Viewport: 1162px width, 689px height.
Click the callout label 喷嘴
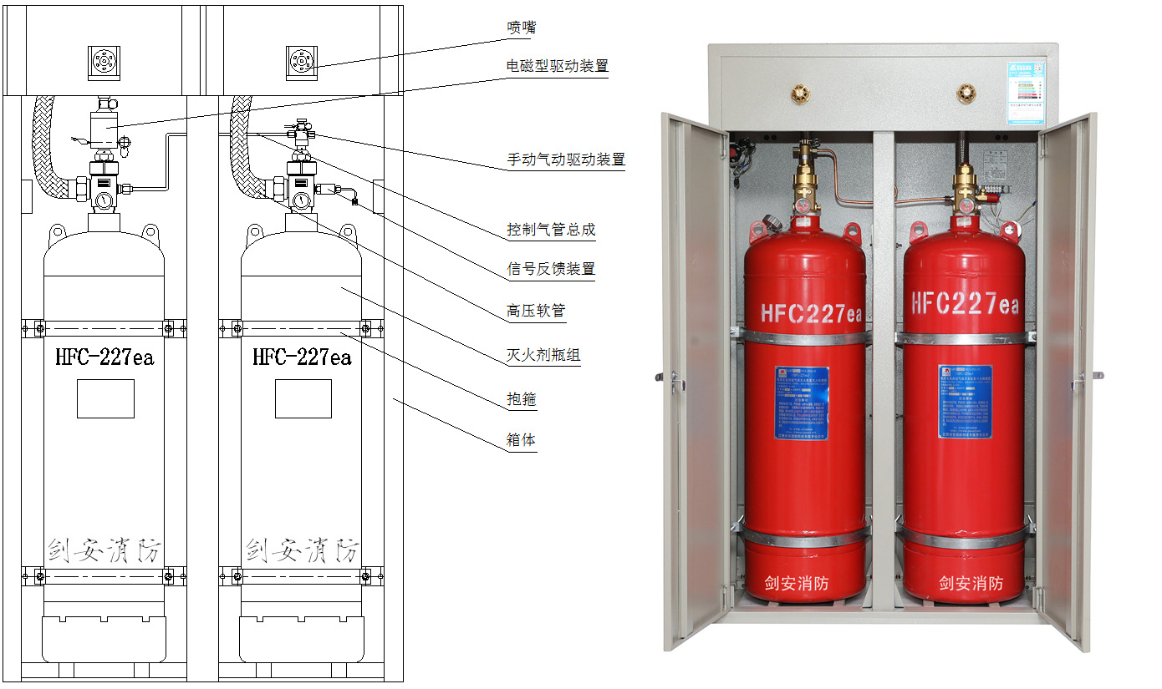(x=521, y=28)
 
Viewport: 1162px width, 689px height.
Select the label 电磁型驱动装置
(x=557, y=66)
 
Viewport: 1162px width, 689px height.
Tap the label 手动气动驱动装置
(x=566, y=160)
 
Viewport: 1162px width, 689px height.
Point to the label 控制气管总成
(x=551, y=230)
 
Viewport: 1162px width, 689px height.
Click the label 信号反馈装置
(x=551, y=269)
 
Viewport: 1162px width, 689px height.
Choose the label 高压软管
(x=536, y=312)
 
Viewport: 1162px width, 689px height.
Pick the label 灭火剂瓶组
(x=543, y=356)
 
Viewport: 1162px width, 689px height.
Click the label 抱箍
(x=521, y=400)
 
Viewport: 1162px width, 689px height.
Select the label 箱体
(x=521, y=440)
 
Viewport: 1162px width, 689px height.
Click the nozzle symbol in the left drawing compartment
(x=104, y=63)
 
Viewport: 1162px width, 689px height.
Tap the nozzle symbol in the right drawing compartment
(x=302, y=63)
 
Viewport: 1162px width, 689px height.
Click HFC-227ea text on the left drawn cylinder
(x=104, y=358)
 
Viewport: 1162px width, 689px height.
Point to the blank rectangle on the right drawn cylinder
(x=303, y=398)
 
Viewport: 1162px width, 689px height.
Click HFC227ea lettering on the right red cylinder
(x=965, y=303)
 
